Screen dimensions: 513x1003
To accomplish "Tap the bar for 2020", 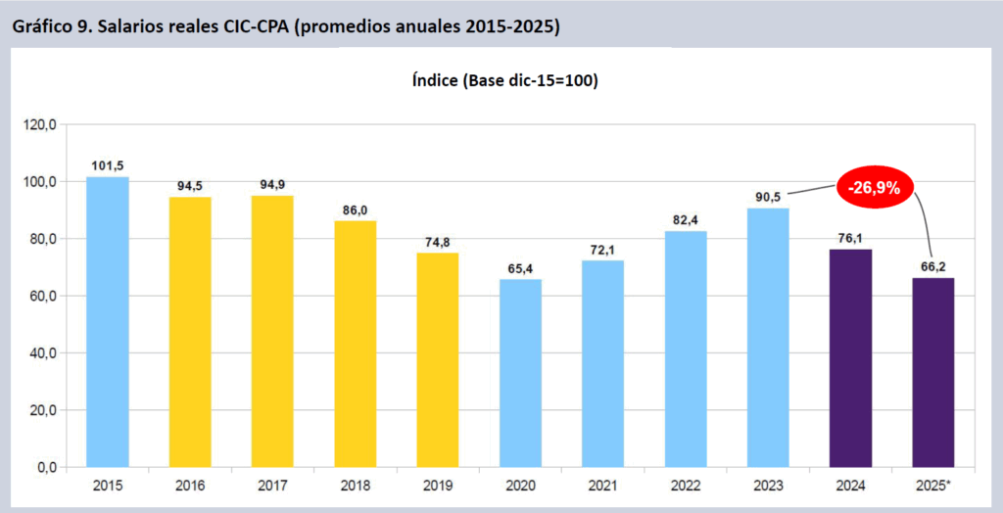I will click(520, 373).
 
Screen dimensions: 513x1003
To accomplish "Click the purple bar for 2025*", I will click(932, 372).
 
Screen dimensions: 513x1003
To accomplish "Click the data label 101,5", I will click(107, 164).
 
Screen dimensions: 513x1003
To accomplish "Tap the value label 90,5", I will click(768, 196).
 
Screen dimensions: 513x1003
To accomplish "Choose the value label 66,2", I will click(932, 265).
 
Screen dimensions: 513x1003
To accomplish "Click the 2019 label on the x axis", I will click(438, 486).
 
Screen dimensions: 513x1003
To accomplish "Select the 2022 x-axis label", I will click(686, 486).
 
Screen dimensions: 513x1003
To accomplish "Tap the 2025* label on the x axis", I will click(933, 486).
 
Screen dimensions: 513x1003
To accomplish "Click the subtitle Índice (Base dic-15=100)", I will click(504, 80).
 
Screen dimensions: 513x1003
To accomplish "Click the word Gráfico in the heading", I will click(42, 26).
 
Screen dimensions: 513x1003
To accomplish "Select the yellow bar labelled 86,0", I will click(355, 344).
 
